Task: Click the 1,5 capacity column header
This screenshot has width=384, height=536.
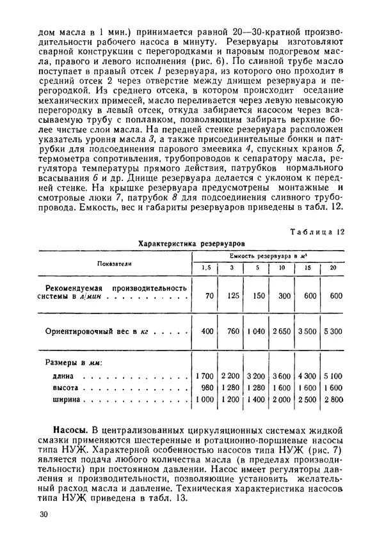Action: coord(206,267)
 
